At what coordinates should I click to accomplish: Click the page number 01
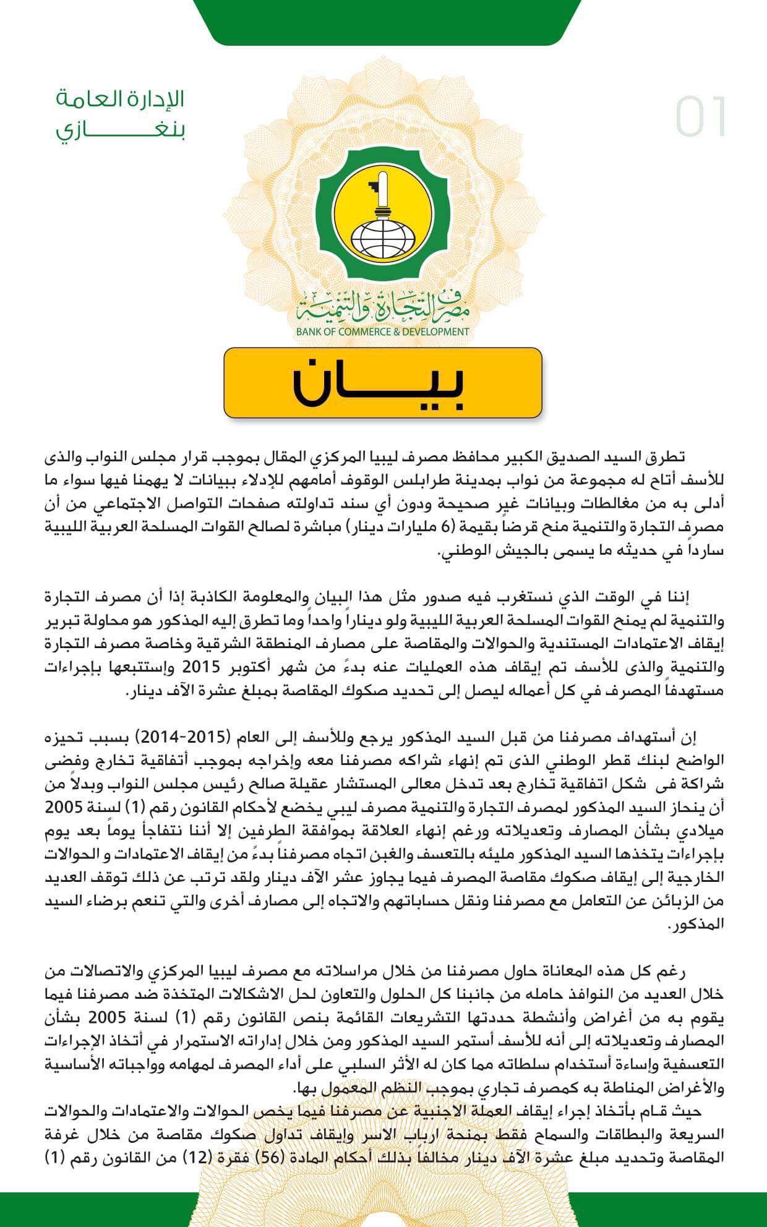(701, 118)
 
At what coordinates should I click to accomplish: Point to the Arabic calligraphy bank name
(382, 306)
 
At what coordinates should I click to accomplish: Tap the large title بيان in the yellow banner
(382, 382)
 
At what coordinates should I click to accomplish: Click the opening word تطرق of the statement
(667, 458)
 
